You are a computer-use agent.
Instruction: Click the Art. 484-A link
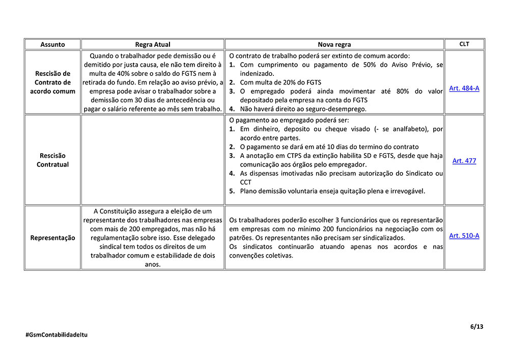click(464, 88)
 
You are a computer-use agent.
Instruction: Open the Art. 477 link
click(464, 160)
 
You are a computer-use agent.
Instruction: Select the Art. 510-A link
click(464, 235)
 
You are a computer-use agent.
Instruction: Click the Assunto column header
click(52, 44)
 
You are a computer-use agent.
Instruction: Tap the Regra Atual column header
click(153, 44)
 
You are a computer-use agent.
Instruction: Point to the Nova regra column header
click(334, 44)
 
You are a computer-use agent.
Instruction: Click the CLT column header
click(464, 44)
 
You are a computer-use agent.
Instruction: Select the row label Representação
click(52, 238)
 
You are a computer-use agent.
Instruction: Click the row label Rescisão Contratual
click(52, 160)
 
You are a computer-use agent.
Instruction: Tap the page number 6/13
click(476, 326)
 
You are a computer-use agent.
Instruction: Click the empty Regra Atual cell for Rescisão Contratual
click(153, 160)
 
